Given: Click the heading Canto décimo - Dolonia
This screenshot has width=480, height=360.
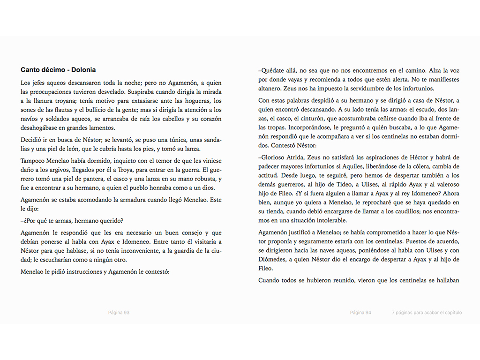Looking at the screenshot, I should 58,70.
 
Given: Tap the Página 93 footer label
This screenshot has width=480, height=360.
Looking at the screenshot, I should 119,313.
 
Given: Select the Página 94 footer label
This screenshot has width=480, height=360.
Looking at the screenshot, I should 360,313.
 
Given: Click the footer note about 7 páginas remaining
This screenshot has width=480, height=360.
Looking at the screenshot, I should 427,313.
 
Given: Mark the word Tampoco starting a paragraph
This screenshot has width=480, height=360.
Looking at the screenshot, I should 33,161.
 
